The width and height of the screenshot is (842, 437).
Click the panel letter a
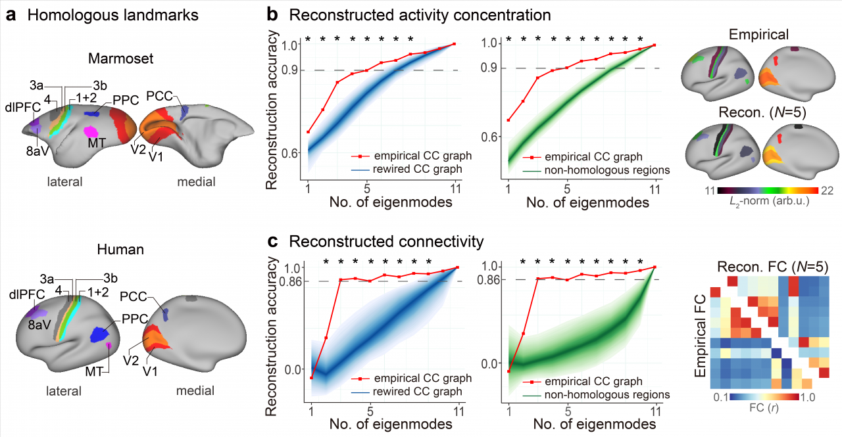click(10, 14)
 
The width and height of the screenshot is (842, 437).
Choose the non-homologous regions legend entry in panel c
click(597, 394)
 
